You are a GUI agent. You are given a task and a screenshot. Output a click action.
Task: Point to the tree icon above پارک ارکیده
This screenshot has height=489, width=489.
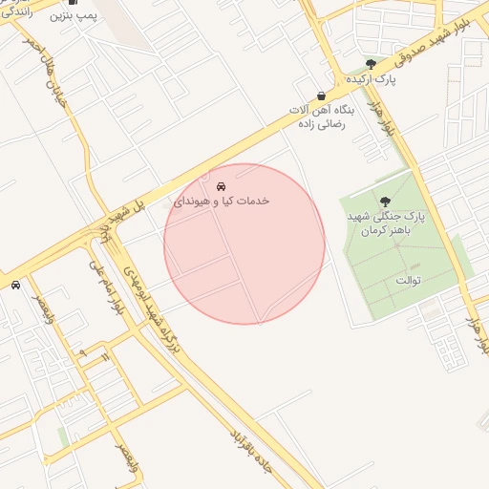[371, 63]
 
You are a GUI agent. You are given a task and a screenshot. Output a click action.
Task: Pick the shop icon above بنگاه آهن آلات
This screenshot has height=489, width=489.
[321, 96]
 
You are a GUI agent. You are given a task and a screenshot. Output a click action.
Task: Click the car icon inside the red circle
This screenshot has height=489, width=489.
[222, 186]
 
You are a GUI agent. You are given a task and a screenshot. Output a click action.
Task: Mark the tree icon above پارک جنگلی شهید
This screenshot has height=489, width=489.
[385, 202]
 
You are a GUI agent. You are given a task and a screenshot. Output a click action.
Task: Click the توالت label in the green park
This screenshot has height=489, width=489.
[408, 280]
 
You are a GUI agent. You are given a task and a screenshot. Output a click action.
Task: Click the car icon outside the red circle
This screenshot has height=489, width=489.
[15, 285]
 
